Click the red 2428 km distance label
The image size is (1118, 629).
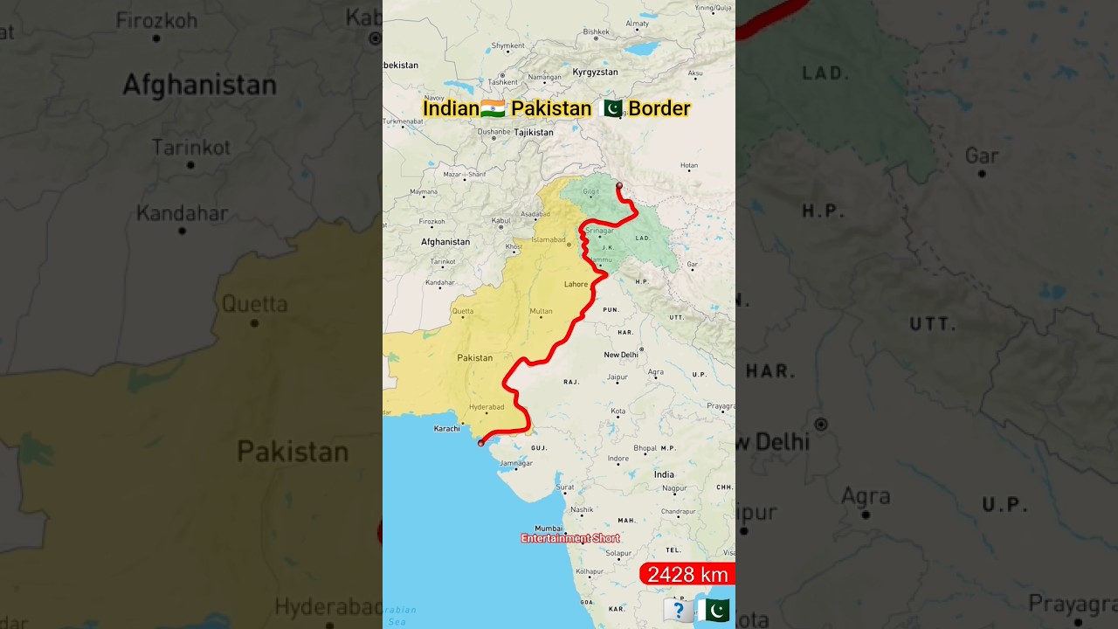[687, 574]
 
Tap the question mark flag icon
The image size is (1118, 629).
[679, 610]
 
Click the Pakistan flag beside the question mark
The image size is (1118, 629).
[714, 610]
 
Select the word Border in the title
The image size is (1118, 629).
[659, 108]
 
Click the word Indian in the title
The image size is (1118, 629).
[451, 108]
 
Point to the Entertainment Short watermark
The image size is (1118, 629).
[569, 538]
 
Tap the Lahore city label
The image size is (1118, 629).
[576, 284]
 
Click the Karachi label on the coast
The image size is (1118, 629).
[446, 429]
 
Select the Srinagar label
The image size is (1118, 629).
[599, 231]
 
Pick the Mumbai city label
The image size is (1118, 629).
[549, 528]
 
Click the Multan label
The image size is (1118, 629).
[541, 311]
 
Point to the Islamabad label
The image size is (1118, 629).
[549, 238]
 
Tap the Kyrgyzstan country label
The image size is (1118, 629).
[595, 73]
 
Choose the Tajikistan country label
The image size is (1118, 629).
[533, 133]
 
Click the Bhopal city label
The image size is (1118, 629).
[645, 448]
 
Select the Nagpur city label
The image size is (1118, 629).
[674, 488]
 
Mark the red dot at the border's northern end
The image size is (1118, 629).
[619, 185]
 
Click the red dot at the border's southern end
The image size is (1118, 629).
[480, 443]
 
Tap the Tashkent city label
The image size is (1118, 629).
[503, 82]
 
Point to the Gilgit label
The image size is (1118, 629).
[591, 190]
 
